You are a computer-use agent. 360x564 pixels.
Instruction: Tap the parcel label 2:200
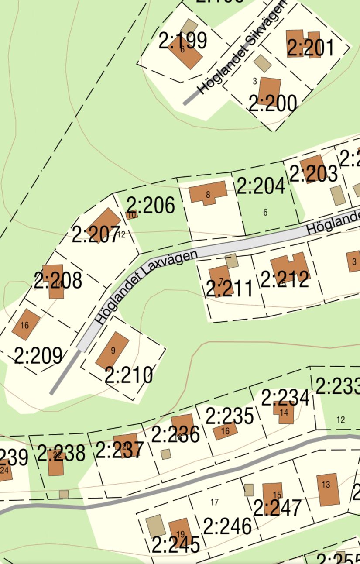(273, 103)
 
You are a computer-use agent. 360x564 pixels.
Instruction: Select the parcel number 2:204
(261, 186)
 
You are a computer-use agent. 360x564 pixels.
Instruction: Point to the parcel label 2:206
(151, 205)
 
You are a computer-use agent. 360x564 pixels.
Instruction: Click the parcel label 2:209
(38, 356)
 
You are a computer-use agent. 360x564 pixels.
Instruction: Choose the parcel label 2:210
(129, 375)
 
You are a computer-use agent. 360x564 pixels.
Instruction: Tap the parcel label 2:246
(227, 526)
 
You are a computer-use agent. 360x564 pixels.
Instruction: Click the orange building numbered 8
(208, 193)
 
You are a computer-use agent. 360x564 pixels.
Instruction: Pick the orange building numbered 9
(113, 351)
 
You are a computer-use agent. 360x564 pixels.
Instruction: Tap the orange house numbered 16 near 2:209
(25, 324)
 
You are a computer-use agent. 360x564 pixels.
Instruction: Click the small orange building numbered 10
(131, 215)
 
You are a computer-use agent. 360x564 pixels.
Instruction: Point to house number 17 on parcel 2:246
(214, 502)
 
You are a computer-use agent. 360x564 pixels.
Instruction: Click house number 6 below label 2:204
(265, 213)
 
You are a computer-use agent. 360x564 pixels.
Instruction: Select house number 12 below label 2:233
(341, 420)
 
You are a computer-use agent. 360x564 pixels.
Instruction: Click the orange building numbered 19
(179, 532)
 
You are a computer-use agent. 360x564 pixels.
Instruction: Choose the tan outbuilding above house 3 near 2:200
(262, 63)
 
